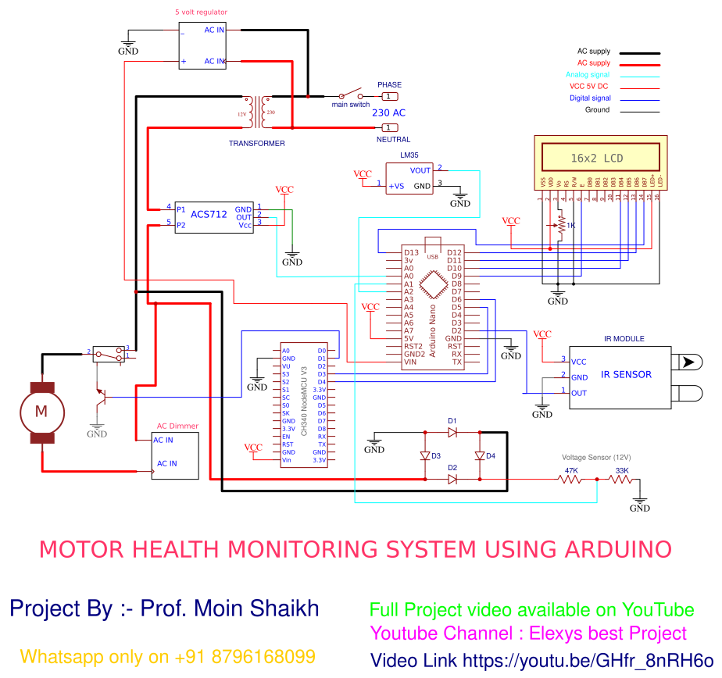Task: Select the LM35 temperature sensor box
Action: (x=409, y=178)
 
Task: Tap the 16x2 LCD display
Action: (x=600, y=157)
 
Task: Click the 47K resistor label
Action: (x=571, y=470)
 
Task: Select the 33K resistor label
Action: (x=622, y=470)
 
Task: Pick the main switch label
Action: (x=350, y=105)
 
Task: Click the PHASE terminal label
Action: (x=389, y=84)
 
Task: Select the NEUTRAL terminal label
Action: (x=393, y=140)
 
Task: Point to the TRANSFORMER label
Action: (x=256, y=144)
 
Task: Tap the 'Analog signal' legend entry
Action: (x=587, y=75)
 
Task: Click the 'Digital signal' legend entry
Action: (x=590, y=98)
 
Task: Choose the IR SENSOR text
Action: (x=626, y=374)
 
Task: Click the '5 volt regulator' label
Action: (x=202, y=13)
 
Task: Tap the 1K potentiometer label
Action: (x=570, y=226)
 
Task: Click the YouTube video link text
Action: (x=541, y=660)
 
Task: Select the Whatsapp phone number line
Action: (x=168, y=656)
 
